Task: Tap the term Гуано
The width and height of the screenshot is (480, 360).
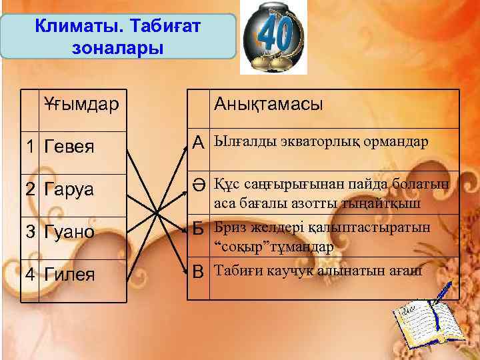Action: [69, 232]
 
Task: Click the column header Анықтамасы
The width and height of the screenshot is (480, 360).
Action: [268, 105]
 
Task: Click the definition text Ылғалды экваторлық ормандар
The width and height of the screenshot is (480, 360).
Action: [321, 142]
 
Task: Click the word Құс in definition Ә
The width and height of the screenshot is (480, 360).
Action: [227, 183]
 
